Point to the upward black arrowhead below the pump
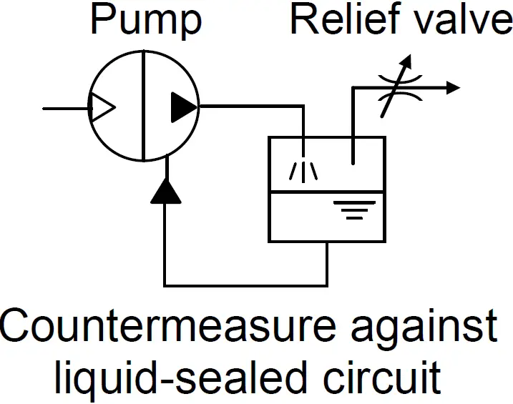pyautogui.click(x=166, y=189)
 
